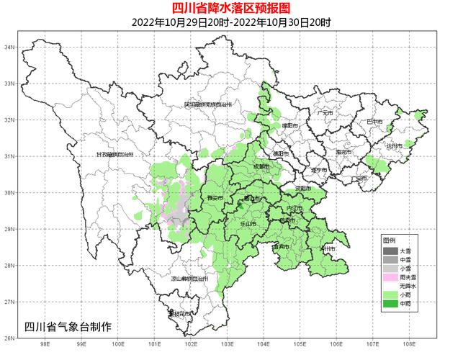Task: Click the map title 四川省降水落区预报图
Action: (231, 8)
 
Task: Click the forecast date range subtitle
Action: (231, 22)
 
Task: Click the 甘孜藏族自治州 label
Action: (115, 154)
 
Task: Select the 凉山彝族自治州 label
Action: (189, 278)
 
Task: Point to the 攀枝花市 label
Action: (178, 313)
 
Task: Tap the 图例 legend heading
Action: (389, 240)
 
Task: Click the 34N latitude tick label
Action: (10, 47)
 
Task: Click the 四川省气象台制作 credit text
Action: (68, 326)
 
